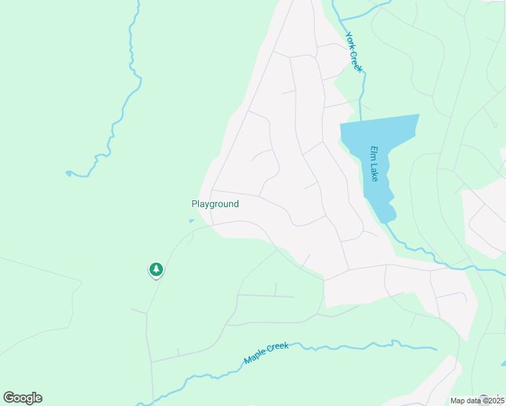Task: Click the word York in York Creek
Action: pos(350,40)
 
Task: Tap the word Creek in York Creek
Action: pos(356,60)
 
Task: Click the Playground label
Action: pos(215,204)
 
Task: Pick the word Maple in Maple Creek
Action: pos(255,355)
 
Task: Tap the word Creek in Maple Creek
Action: pos(278,347)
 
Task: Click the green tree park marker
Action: pos(156,270)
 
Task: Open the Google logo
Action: pos(23,398)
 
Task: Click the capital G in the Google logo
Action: pos(9,398)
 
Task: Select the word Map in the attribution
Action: pos(458,401)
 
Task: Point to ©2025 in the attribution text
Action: pos(495,401)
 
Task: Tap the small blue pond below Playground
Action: pos(191,220)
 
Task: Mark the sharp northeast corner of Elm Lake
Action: pos(419,115)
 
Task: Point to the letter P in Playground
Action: pos(194,204)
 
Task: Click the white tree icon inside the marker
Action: pos(156,269)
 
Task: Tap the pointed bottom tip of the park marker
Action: pos(156,279)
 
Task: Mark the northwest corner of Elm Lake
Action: pos(340,125)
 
